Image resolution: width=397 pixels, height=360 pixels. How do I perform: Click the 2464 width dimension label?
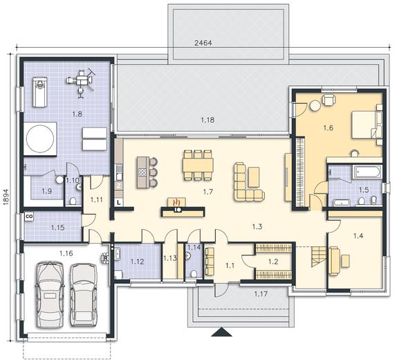tap(203, 43)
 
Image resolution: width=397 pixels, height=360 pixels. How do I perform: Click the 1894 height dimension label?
tap(6, 197)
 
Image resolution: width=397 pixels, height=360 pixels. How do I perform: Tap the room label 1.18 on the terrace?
tap(207, 120)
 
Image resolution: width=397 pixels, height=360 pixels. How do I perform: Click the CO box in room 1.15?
tap(29, 217)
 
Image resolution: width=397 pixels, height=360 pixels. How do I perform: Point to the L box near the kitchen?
tap(119, 202)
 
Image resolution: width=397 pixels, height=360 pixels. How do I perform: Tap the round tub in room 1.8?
tap(40, 138)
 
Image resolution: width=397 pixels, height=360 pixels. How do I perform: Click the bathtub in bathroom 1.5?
tap(367, 172)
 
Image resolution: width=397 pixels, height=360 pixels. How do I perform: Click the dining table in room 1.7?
tap(198, 165)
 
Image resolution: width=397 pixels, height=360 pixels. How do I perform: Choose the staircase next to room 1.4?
tap(319, 257)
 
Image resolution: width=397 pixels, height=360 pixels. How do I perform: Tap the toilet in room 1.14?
tap(194, 273)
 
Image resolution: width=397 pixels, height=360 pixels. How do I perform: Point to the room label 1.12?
tap(137, 262)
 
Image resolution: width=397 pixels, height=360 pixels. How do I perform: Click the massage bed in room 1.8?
tap(39, 92)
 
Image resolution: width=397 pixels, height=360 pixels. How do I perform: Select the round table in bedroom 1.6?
tap(315, 106)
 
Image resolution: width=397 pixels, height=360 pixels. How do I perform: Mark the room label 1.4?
tap(358, 236)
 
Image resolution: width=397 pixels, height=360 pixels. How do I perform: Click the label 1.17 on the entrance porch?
tap(261, 294)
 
